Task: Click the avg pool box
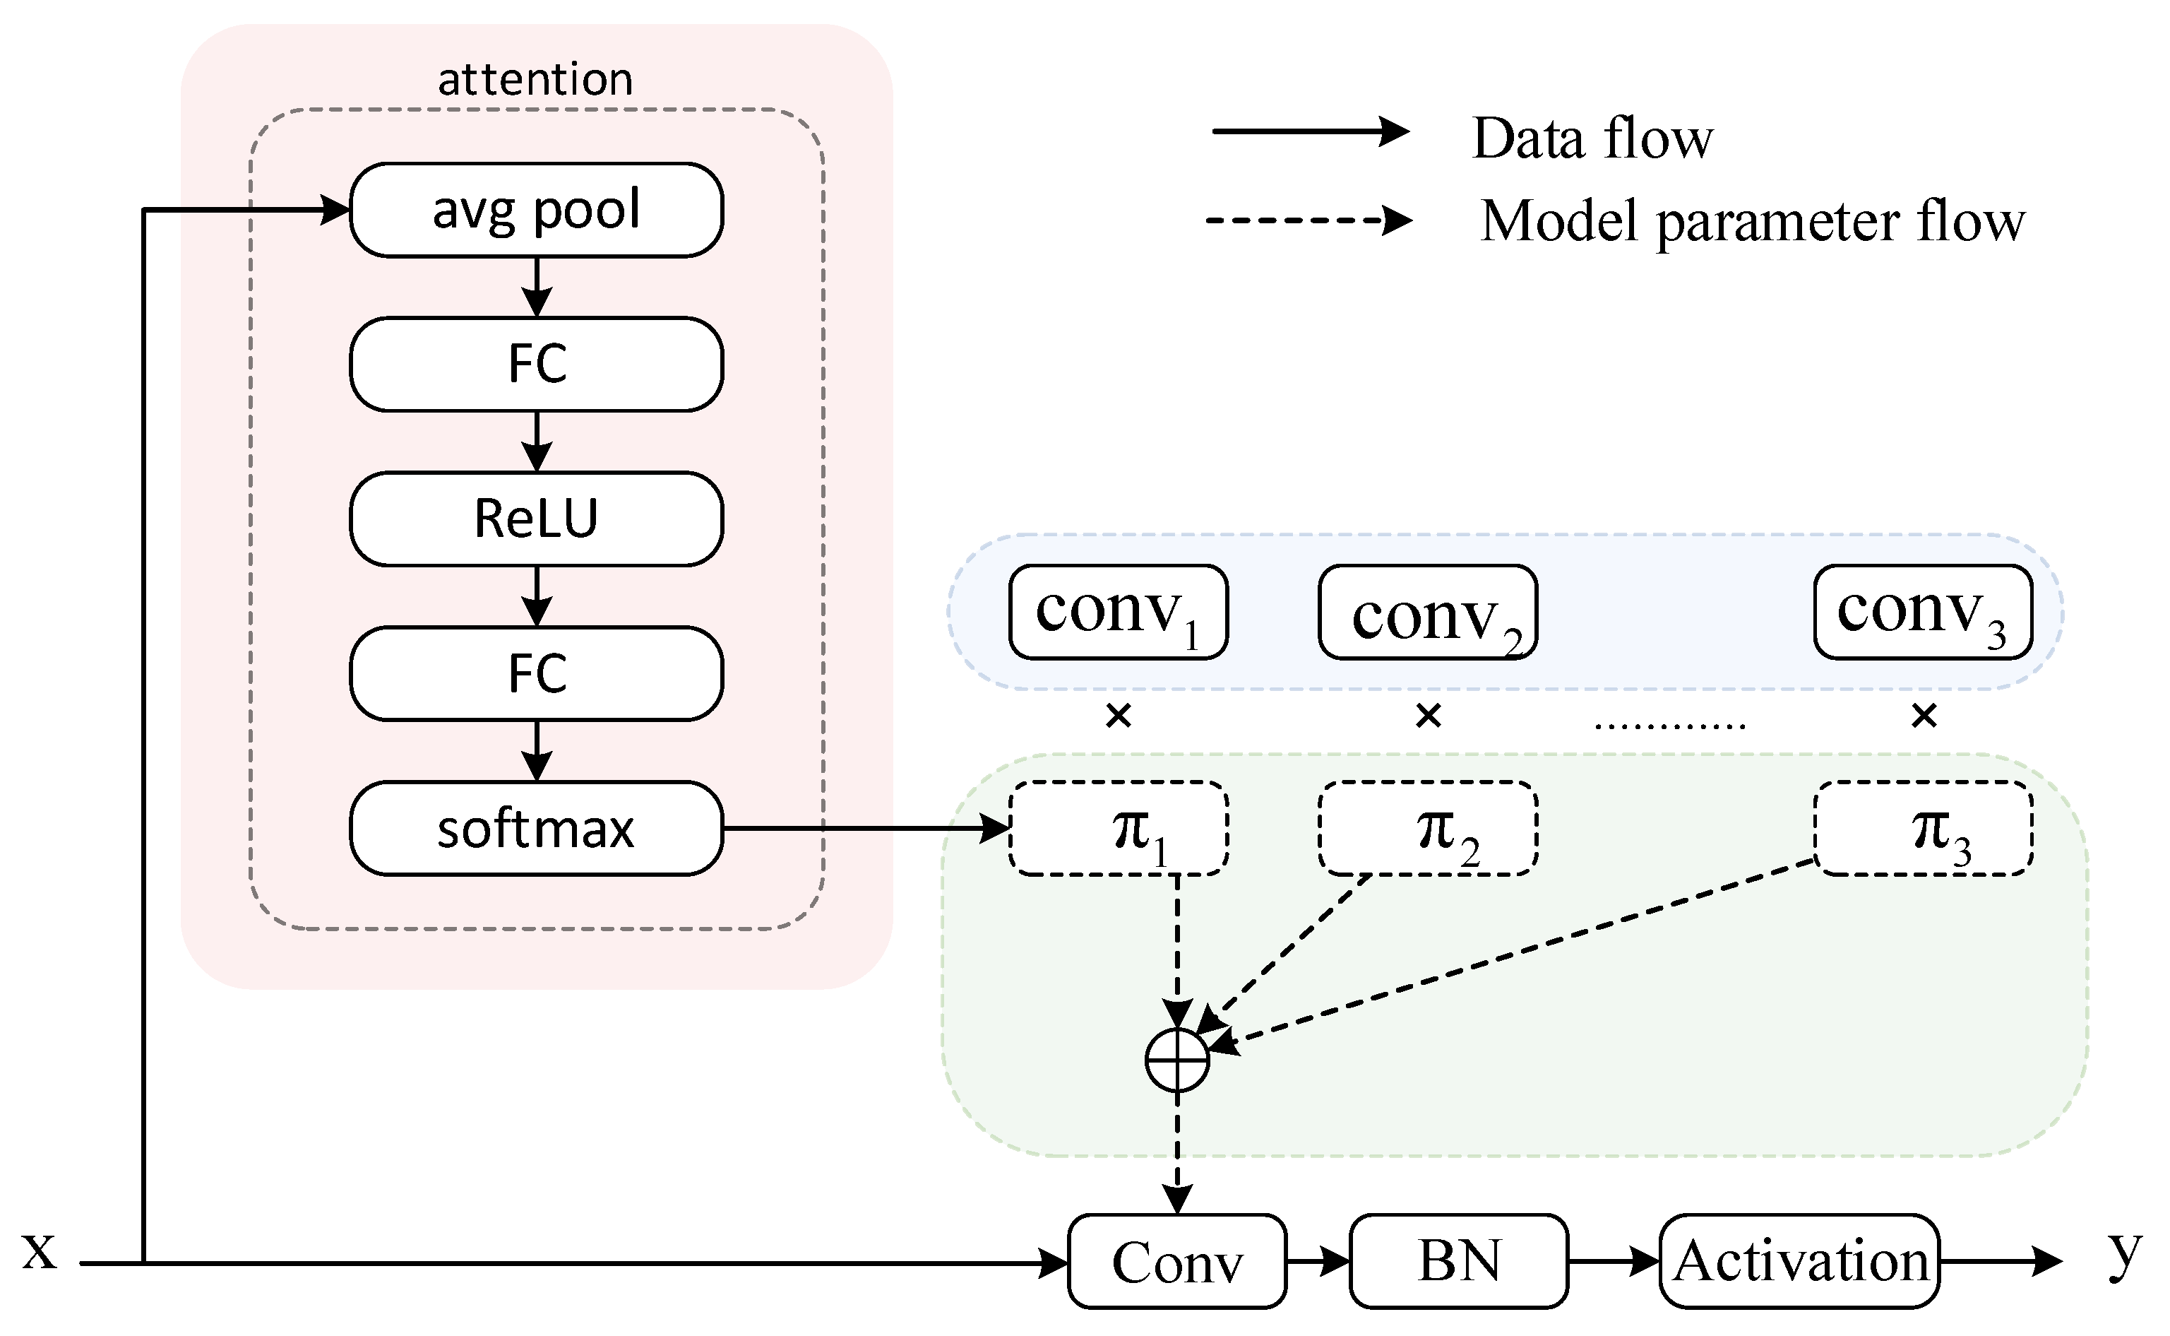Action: [x=536, y=211]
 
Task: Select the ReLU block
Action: [x=536, y=519]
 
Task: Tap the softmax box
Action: [x=536, y=829]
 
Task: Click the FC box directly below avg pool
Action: [x=536, y=364]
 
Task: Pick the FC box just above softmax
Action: [x=536, y=673]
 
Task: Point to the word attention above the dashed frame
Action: [x=535, y=80]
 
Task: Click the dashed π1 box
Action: [x=1118, y=829]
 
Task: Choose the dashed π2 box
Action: [x=1427, y=829]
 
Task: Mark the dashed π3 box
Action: [x=1923, y=829]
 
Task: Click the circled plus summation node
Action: [x=1176, y=1060]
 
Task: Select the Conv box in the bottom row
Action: [x=1176, y=1261]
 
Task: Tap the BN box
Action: [x=1458, y=1261]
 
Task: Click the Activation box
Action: [x=1799, y=1261]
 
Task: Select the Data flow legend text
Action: [x=1592, y=138]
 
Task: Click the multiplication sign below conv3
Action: [x=1924, y=715]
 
